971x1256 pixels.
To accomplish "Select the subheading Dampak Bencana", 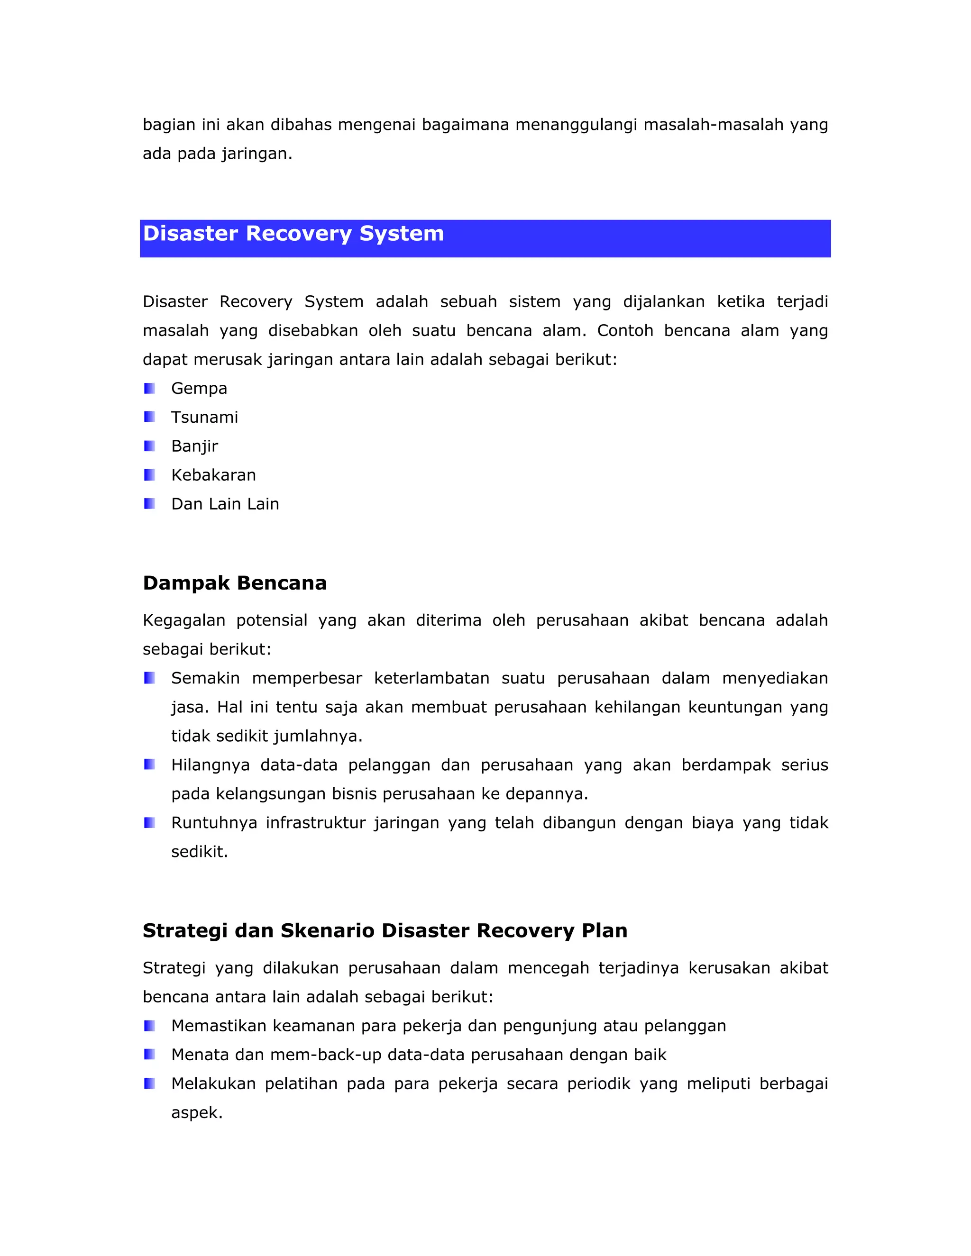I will (x=235, y=583).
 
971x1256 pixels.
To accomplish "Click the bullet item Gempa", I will (x=199, y=389).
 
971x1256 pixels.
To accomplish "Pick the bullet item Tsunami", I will (x=204, y=418).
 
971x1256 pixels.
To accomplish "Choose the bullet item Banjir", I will (x=194, y=446).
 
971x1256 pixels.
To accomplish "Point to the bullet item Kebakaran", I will (x=213, y=475).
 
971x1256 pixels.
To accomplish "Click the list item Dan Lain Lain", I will (x=225, y=504).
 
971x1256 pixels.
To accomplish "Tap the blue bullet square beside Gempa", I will (x=149, y=389).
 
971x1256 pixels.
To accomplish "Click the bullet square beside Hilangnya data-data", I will (x=149, y=765).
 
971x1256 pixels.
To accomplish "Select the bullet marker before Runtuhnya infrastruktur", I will (x=149, y=822).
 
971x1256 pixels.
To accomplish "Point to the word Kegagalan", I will (x=183, y=621).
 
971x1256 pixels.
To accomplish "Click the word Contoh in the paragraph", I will (x=625, y=331).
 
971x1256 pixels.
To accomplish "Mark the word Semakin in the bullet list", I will (x=205, y=679).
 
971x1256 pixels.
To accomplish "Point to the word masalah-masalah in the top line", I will (x=713, y=125).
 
